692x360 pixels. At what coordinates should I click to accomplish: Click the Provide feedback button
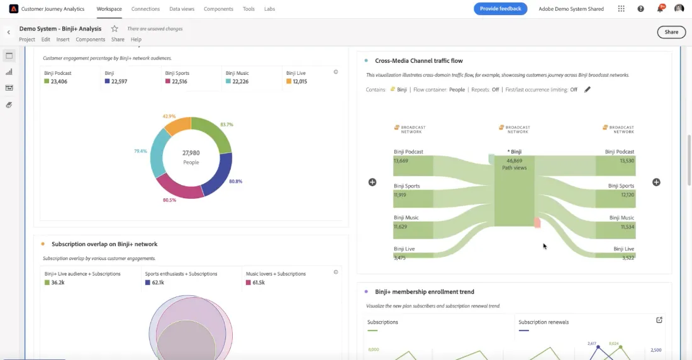(x=501, y=9)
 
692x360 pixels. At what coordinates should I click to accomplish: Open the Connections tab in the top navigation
(x=145, y=9)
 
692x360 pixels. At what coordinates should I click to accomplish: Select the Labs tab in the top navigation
(x=269, y=9)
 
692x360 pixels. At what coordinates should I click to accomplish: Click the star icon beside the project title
(x=114, y=29)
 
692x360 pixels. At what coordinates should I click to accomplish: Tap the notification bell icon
(x=660, y=9)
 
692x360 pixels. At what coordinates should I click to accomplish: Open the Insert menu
(x=63, y=39)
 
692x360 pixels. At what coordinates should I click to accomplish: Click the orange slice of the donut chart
(x=177, y=126)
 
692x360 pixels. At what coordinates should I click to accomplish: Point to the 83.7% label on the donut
(x=226, y=125)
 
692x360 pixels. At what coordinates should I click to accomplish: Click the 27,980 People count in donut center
(x=191, y=157)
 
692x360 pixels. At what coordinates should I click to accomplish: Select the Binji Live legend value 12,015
(x=299, y=81)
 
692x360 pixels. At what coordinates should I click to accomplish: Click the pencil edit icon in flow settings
(x=587, y=89)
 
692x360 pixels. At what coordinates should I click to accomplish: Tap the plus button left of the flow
(x=372, y=183)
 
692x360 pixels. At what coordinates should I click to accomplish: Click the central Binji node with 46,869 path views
(x=514, y=191)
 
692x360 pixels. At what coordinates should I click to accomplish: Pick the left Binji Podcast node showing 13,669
(x=413, y=166)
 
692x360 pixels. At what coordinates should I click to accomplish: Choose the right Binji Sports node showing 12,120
(x=616, y=199)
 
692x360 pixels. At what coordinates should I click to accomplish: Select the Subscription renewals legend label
(x=544, y=322)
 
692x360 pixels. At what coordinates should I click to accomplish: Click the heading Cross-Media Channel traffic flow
(x=419, y=61)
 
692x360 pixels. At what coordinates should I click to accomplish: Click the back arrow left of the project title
(x=8, y=32)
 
